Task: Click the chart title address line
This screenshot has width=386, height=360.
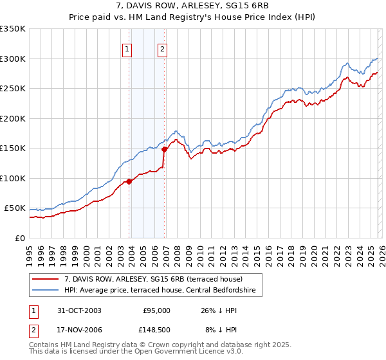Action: click(x=193, y=6)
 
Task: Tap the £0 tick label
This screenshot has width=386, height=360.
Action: click(x=19, y=238)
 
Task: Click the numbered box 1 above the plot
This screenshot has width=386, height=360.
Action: click(x=127, y=49)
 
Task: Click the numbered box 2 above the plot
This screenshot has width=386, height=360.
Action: click(x=162, y=49)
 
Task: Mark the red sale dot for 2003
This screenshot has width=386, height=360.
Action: click(x=129, y=181)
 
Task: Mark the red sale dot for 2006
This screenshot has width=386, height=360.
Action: click(x=165, y=149)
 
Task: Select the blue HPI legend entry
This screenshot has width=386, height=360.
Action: click(x=160, y=291)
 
